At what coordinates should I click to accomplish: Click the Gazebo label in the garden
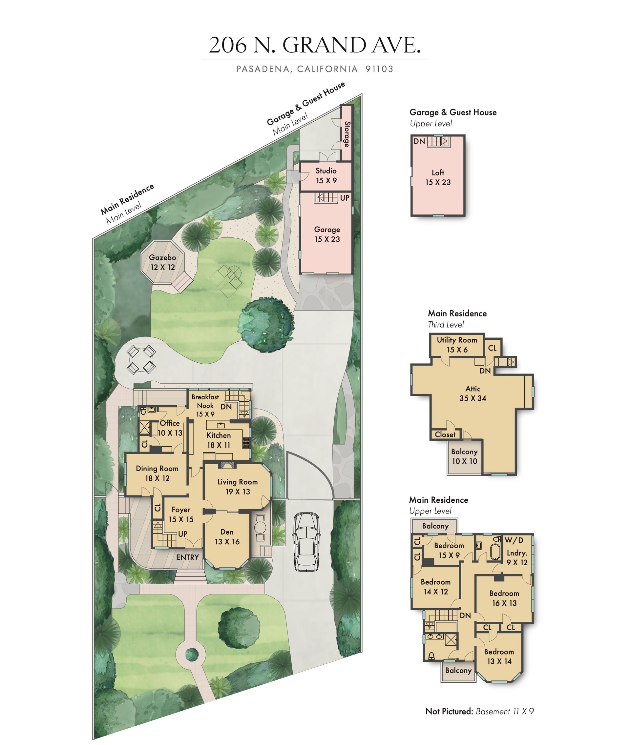[x=162, y=262]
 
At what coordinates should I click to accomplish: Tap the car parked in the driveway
[x=306, y=542]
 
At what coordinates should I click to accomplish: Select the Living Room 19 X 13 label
[x=238, y=487]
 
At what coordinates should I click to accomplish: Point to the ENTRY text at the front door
[x=187, y=557]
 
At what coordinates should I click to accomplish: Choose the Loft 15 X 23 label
[x=438, y=177]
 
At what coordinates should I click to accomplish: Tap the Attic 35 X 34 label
[x=473, y=393]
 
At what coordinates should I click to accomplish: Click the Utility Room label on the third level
[x=457, y=345]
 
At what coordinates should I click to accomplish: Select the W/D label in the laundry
[x=514, y=540]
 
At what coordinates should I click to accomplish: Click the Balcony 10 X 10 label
[x=464, y=456]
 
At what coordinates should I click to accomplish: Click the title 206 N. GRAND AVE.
[x=315, y=45]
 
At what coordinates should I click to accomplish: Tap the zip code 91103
[x=379, y=69]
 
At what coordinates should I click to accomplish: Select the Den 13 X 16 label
[x=227, y=536]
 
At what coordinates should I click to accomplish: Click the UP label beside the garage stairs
[x=345, y=198]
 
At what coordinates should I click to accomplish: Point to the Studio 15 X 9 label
[x=326, y=176]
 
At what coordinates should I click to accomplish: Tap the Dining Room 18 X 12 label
[x=157, y=473]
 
